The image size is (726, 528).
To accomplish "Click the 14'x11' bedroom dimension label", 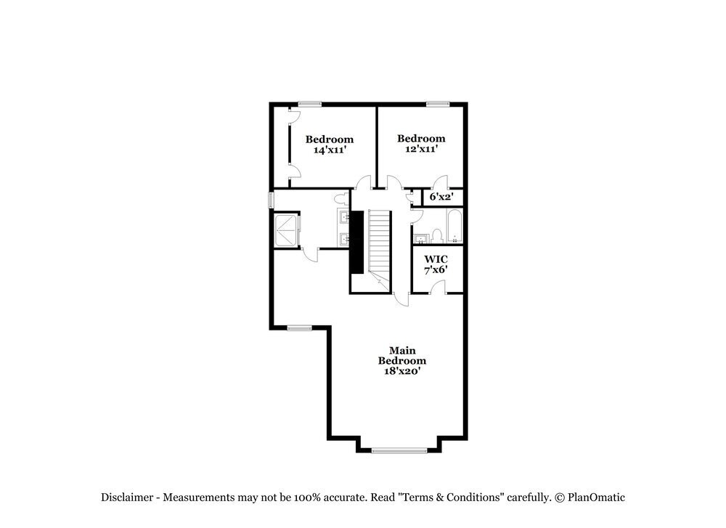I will [x=329, y=150].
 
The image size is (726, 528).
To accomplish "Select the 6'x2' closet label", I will [x=441, y=197].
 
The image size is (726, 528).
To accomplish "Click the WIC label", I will [x=436, y=259].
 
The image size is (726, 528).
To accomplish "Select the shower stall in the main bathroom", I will [x=285, y=230].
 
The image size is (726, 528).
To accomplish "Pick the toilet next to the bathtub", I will [x=437, y=235].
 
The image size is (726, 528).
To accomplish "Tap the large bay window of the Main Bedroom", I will [x=399, y=450].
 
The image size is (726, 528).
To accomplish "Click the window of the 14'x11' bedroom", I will [x=310, y=104].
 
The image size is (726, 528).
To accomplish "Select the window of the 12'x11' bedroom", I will [x=437, y=104].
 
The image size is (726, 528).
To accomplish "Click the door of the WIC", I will [x=438, y=288].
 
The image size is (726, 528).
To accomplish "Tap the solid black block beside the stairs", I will [x=356, y=243].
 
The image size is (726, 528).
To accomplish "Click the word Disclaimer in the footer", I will [x=127, y=497].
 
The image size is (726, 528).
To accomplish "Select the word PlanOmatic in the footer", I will [x=597, y=497].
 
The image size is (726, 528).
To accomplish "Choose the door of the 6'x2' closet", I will [x=440, y=182].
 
